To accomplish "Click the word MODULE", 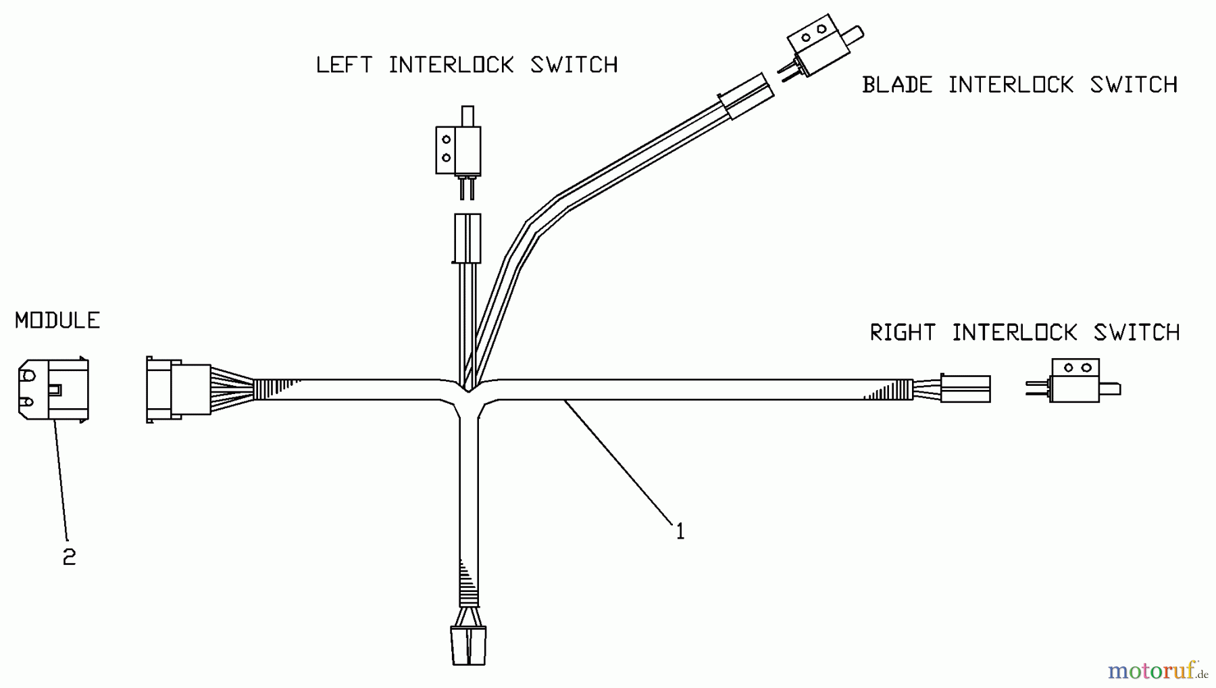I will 57,320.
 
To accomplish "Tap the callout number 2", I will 69,557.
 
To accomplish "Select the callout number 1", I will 680,532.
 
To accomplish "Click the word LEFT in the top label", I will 344,65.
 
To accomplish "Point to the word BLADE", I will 896,85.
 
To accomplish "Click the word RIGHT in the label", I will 903,333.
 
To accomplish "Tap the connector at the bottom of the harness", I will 468,645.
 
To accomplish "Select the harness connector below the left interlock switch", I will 467,238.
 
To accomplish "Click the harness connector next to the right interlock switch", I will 966,389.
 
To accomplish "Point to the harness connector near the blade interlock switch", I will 745,97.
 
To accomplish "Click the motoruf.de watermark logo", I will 1157,670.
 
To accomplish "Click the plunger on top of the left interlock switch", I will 467,116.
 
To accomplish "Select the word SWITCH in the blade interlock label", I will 1134,85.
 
